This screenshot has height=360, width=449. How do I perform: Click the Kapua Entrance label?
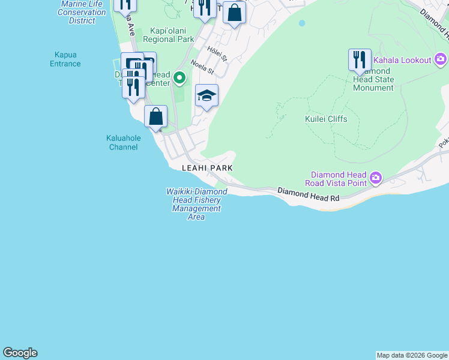[x=65, y=59]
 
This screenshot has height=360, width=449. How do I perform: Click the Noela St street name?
[x=202, y=66]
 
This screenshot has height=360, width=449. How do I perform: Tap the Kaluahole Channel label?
[x=124, y=142]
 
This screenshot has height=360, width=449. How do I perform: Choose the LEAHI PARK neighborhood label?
[x=207, y=169]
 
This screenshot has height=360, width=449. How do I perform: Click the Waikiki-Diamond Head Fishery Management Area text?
[x=196, y=204]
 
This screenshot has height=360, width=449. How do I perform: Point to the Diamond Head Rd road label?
[x=309, y=194]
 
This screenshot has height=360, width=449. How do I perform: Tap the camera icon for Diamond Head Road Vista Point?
[x=376, y=177]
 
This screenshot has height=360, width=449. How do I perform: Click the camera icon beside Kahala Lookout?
[x=441, y=59]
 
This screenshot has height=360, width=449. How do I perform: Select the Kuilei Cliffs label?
[x=326, y=119]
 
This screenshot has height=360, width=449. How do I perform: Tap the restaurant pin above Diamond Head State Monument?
[x=360, y=59]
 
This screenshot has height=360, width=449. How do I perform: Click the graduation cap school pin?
[x=206, y=95]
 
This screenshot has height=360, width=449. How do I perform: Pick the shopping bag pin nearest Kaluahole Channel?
[x=155, y=116]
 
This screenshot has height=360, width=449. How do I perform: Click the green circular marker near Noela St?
[x=179, y=77]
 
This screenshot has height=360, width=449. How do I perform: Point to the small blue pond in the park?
[x=301, y=23]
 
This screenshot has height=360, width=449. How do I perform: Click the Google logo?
[x=20, y=353]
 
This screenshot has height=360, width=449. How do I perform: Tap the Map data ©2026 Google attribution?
[x=412, y=355]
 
